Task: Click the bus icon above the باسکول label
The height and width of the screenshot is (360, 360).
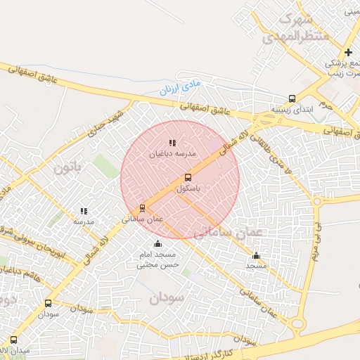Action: point(188,178)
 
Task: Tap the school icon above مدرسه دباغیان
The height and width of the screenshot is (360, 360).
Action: point(172,143)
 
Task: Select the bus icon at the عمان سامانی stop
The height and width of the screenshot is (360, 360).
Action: point(143,208)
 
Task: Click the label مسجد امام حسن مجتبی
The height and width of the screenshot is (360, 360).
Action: point(159,259)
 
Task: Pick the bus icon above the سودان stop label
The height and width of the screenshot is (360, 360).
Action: point(48,304)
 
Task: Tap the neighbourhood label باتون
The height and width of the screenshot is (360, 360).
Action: point(68,168)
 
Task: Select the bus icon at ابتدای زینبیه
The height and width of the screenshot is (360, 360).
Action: point(292,99)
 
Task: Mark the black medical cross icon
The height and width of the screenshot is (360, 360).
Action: point(348,53)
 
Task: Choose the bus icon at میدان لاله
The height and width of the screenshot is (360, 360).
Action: point(14,340)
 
